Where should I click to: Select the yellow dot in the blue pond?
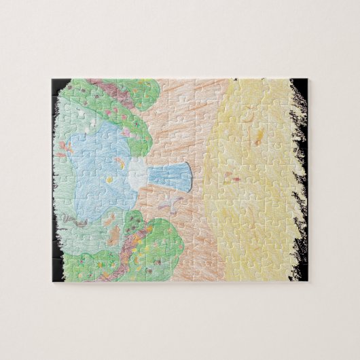(x=109, y=179)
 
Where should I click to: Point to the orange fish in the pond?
(x=120, y=162)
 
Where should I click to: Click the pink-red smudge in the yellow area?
(x=231, y=179)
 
